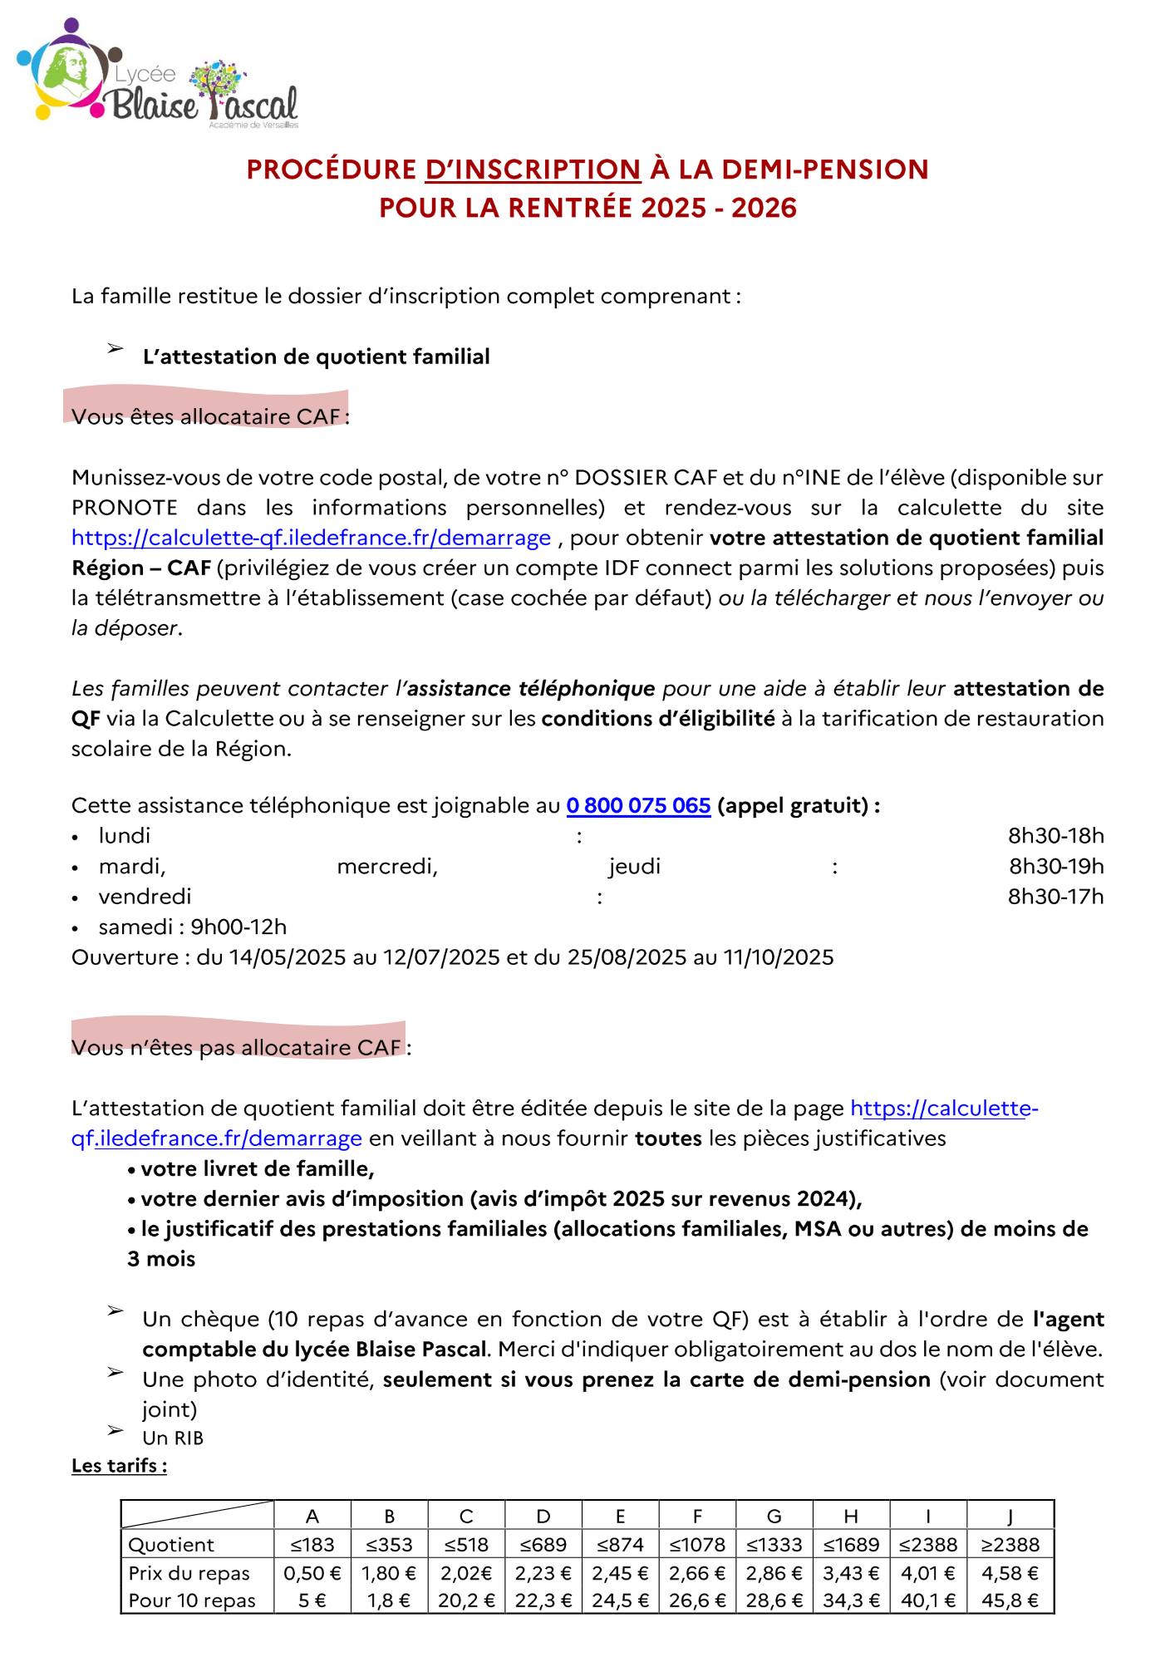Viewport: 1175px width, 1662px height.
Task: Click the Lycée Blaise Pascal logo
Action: pyautogui.click(x=158, y=75)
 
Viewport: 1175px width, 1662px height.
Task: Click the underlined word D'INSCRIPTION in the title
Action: pyautogui.click(x=533, y=170)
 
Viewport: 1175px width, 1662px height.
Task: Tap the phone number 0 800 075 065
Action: pyautogui.click(x=638, y=805)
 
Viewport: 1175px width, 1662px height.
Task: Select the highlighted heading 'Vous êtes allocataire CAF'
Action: pyautogui.click(x=207, y=415)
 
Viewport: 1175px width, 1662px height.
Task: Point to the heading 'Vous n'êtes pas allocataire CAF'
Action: pyautogui.click(x=238, y=1047)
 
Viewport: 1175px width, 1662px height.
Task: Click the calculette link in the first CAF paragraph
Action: pyautogui.click(x=311, y=538)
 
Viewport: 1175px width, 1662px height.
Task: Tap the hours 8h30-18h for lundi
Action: pyautogui.click(x=1055, y=836)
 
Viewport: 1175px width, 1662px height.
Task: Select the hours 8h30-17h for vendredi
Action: pyautogui.click(x=1055, y=897)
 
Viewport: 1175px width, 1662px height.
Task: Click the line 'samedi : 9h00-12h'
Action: pyautogui.click(x=192, y=927)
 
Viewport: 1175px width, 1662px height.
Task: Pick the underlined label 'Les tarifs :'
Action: pyautogui.click(x=119, y=1465)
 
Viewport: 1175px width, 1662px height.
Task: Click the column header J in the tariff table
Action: pyautogui.click(x=1010, y=1517)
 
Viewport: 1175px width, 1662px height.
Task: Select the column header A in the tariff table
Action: pyautogui.click(x=312, y=1517)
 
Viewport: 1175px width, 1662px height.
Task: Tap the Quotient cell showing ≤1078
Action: pyautogui.click(x=697, y=1545)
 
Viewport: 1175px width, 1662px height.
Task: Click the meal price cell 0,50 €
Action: pyautogui.click(x=312, y=1573)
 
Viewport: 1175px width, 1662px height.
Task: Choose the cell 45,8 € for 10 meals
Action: pyautogui.click(x=1010, y=1601)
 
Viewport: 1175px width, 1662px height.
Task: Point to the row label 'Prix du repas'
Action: pyautogui.click(x=189, y=1573)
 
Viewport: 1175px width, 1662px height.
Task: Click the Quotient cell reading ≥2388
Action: pyautogui.click(x=1010, y=1545)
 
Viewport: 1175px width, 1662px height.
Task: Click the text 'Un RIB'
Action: pyautogui.click(x=173, y=1438)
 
